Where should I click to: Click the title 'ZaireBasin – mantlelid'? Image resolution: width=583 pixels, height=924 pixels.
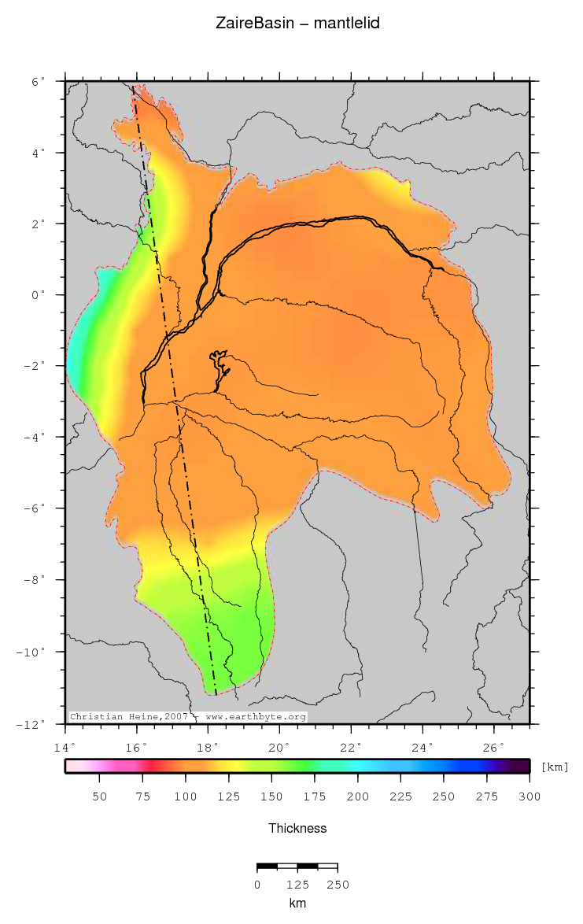point(297,24)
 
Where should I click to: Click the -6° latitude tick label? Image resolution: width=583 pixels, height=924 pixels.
point(35,509)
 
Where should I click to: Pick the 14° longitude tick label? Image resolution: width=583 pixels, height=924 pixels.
point(65,747)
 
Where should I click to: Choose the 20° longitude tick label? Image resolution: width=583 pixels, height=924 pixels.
point(279,747)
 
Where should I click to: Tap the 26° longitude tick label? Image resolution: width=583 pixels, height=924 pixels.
point(493,747)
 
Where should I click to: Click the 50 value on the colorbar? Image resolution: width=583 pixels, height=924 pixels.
point(100,796)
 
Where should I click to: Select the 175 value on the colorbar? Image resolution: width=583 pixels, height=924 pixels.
point(315,796)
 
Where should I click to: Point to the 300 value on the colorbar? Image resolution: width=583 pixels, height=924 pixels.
point(530,796)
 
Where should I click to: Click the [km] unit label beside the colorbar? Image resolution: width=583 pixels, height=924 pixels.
point(554,767)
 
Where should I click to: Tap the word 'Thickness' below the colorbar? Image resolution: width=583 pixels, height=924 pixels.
point(297,828)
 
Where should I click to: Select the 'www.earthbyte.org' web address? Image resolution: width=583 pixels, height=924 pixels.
point(256,717)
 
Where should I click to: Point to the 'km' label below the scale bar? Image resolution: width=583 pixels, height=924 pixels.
point(297,904)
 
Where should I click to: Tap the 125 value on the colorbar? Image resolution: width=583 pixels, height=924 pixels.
point(229,796)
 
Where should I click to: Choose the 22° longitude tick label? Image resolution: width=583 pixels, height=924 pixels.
point(351,747)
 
